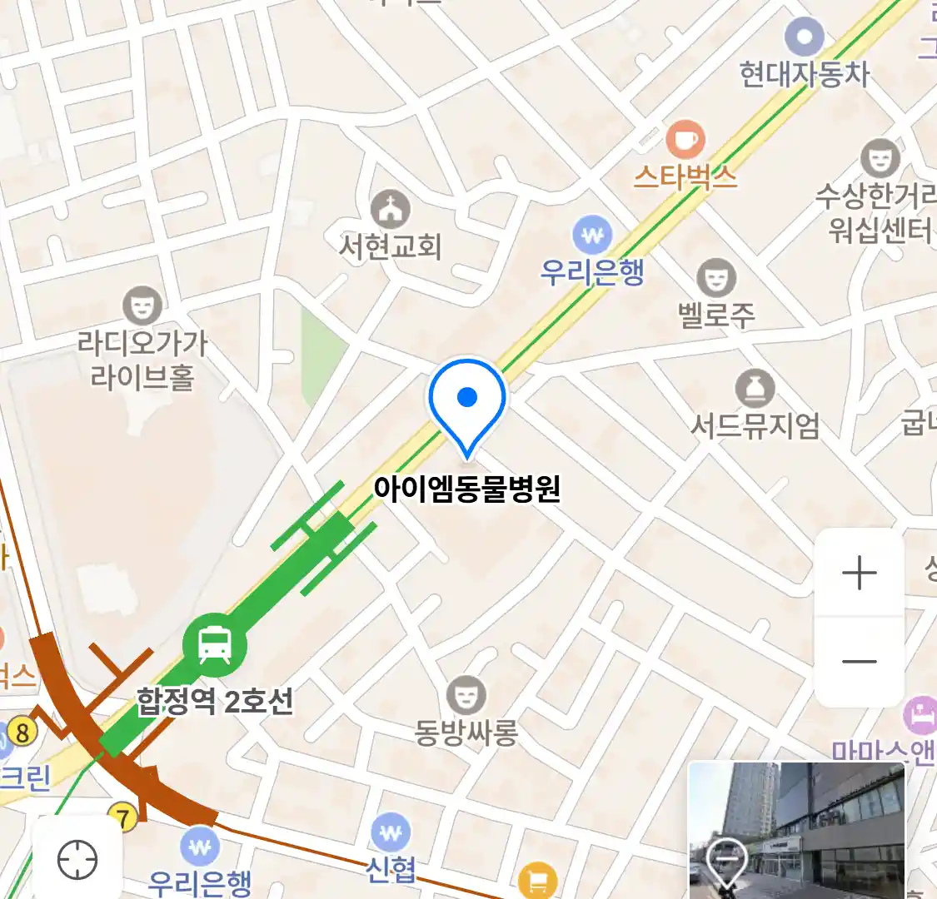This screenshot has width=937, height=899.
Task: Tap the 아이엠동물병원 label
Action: coord(466,489)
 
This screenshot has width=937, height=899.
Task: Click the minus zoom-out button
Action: coord(859,663)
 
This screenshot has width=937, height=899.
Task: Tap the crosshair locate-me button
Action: coord(77,859)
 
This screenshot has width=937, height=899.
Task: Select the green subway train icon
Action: coord(215,644)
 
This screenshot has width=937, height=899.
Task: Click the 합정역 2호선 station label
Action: coord(215,701)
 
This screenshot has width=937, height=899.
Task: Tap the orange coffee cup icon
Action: coord(685,139)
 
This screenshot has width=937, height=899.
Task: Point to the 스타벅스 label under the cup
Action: coord(685,176)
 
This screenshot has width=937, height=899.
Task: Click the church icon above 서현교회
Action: coord(390,207)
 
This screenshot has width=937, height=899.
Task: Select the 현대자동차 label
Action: coord(804,75)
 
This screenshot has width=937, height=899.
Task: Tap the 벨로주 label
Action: coord(716,315)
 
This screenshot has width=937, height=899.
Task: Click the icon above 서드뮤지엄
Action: coord(755,389)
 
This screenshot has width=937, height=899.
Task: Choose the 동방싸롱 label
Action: coord(466,733)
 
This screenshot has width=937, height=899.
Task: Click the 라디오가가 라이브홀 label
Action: coord(142,360)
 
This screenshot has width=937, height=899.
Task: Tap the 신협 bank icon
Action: coord(390,832)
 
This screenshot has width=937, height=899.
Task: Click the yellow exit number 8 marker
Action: coord(22,733)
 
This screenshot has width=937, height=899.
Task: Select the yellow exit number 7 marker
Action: coord(123,818)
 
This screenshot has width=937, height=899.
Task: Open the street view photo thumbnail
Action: coord(796,830)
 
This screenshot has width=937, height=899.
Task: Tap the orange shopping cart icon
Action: coord(537,881)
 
